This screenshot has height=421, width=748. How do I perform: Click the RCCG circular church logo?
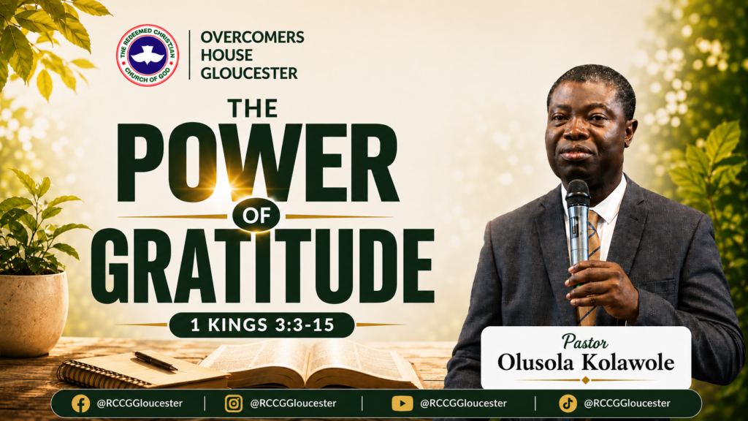tap(148, 56)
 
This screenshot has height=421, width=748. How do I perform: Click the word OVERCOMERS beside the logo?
tap(252, 37)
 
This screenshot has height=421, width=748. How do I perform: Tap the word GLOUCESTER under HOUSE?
tap(249, 73)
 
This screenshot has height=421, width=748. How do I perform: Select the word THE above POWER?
tap(253, 108)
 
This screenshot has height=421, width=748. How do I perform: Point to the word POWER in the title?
tap(258, 162)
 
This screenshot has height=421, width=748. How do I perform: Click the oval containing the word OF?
tap(256, 216)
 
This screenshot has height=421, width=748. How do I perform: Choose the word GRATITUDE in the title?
tap(263, 266)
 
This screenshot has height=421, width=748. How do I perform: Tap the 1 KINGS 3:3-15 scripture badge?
tap(262, 325)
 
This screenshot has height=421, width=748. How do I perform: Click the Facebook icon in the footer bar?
tap(80, 403)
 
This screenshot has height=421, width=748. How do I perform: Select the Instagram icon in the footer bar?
tap(233, 403)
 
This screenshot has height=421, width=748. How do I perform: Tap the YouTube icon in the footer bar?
tap(402, 403)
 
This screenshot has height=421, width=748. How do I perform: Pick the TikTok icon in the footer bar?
tap(568, 403)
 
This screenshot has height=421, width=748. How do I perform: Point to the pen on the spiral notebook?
tap(156, 361)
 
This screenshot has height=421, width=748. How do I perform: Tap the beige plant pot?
tap(34, 314)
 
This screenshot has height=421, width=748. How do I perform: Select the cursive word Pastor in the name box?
tap(585, 342)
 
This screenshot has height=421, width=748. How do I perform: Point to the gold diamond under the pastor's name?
tap(585, 380)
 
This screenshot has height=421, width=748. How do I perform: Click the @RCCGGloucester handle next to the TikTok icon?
tap(627, 403)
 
